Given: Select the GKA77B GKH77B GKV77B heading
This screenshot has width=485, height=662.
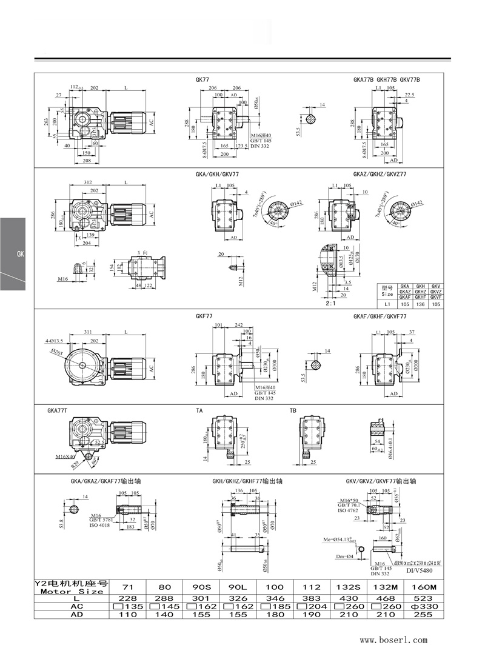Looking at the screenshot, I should click(386, 79).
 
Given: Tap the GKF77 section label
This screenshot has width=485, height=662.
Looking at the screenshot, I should click(204, 316).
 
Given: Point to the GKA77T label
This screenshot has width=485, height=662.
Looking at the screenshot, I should click(57, 410).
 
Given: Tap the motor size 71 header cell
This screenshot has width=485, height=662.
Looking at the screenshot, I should click(129, 587).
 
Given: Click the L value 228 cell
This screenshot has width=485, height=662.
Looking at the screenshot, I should click(129, 597).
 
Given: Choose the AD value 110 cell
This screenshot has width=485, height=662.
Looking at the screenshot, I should click(129, 614).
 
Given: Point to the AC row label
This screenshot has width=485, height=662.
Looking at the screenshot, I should click(71, 606).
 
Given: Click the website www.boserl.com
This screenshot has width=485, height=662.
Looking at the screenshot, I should click(393, 640).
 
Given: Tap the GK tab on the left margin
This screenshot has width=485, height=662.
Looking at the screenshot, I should click(19, 253).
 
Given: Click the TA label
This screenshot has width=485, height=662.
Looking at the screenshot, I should click(199, 410).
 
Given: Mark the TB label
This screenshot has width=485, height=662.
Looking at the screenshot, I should click(293, 410).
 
